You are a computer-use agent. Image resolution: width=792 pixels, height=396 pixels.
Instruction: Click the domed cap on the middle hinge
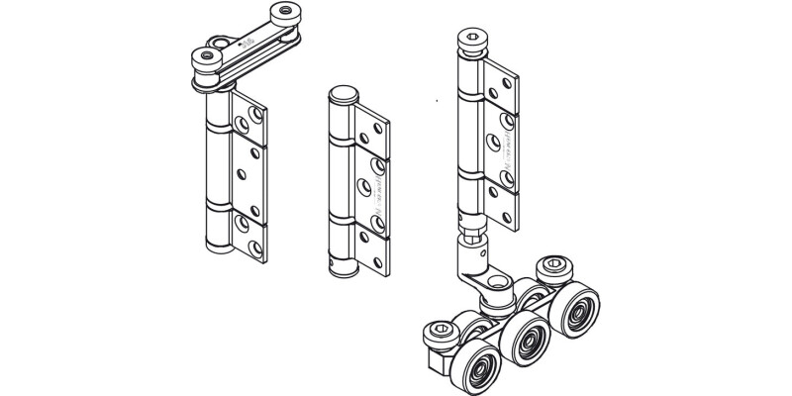(x=341, y=94)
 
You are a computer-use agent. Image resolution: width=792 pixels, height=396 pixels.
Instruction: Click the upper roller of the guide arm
(x=289, y=16)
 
